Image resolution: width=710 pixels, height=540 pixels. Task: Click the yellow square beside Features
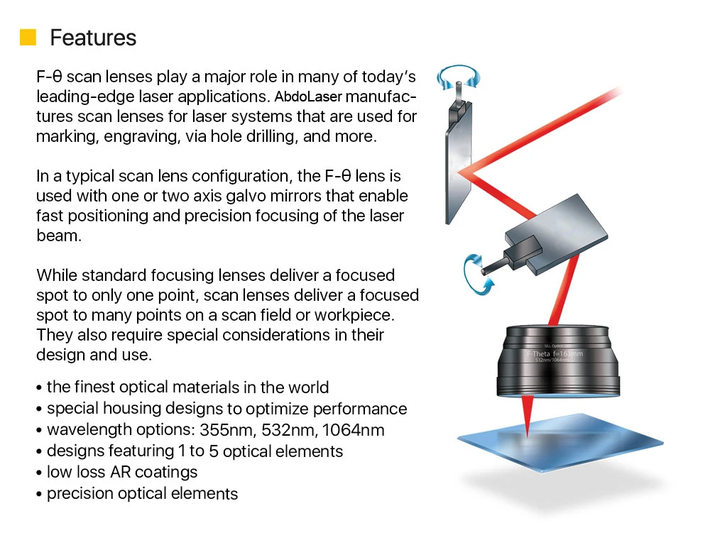28,38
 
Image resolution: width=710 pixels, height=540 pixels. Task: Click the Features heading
93,38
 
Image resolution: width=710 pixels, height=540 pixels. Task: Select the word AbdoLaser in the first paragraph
308,97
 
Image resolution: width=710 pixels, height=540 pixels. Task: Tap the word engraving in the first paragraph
142,137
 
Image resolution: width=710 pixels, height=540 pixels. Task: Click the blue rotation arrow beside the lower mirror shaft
477,275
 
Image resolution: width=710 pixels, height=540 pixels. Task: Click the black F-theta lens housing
558,361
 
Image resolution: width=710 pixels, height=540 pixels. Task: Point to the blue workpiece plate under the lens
560,442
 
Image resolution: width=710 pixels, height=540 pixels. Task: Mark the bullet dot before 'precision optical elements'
39,495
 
